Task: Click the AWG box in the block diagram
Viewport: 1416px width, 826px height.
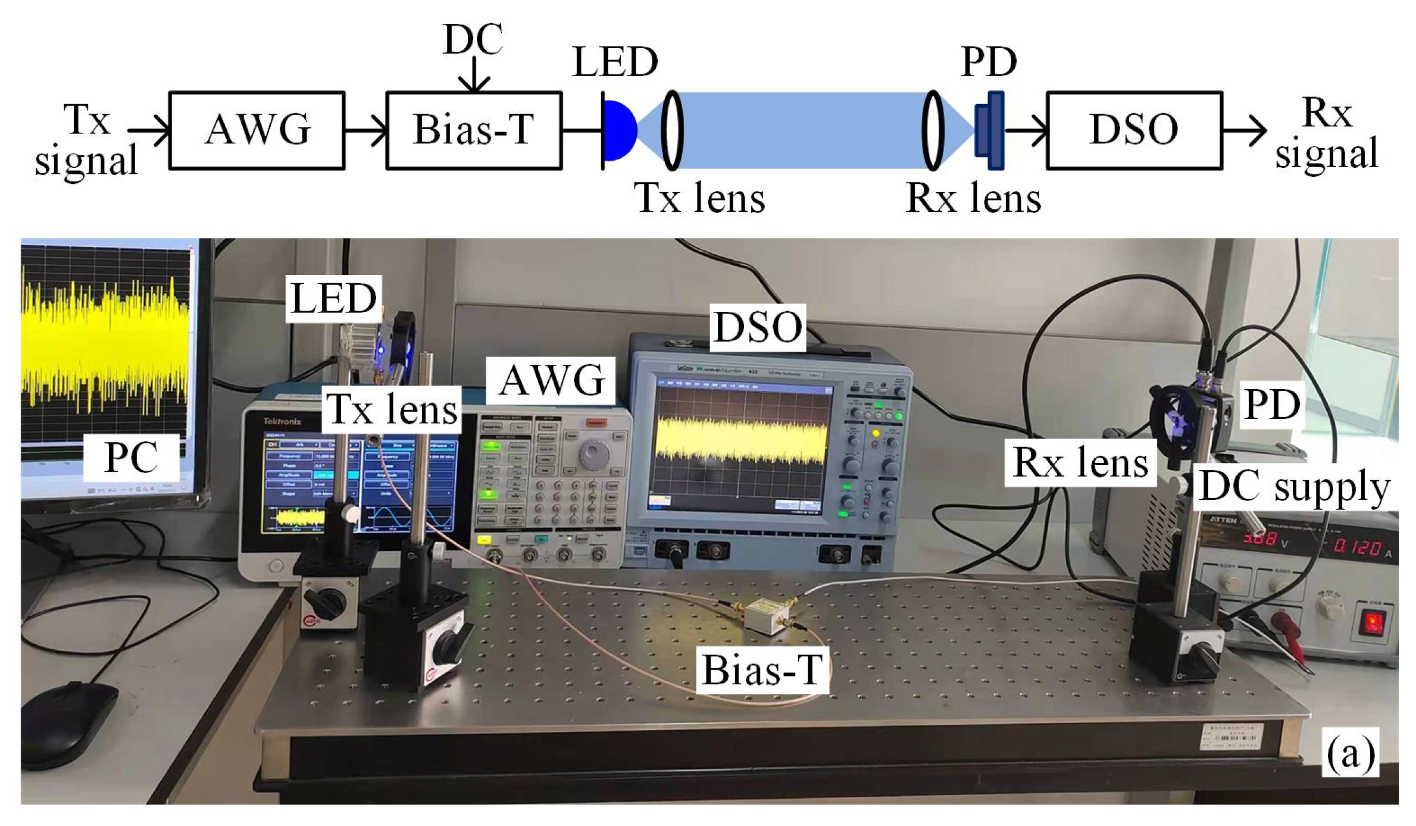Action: tap(257, 130)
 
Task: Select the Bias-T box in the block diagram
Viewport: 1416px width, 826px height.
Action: tap(474, 130)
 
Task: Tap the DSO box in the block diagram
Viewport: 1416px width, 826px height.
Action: tap(1134, 130)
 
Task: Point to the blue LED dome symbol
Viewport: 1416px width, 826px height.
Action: tap(619, 130)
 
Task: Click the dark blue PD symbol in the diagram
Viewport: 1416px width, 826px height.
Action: tap(990, 130)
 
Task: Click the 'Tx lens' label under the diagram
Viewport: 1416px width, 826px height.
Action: tap(699, 198)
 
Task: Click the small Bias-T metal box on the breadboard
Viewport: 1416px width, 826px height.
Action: tap(768, 617)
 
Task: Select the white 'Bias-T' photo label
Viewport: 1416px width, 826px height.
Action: tap(762, 670)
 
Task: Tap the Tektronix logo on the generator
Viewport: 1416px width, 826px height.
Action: tap(282, 421)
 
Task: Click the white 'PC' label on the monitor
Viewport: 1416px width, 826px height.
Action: tap(131, 458)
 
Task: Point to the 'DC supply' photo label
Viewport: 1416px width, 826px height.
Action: tap(1293, 487)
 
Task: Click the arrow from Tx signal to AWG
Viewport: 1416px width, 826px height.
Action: tap(149, 130)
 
